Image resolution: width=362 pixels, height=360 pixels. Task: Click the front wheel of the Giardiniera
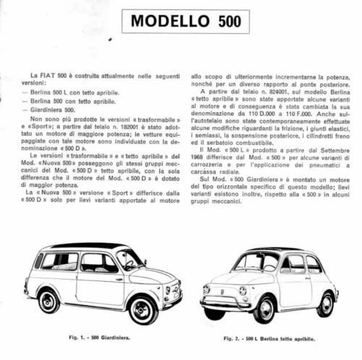click(x=143, y=309)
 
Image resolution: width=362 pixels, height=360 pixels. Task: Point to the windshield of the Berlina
click(x=256, y=261)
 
